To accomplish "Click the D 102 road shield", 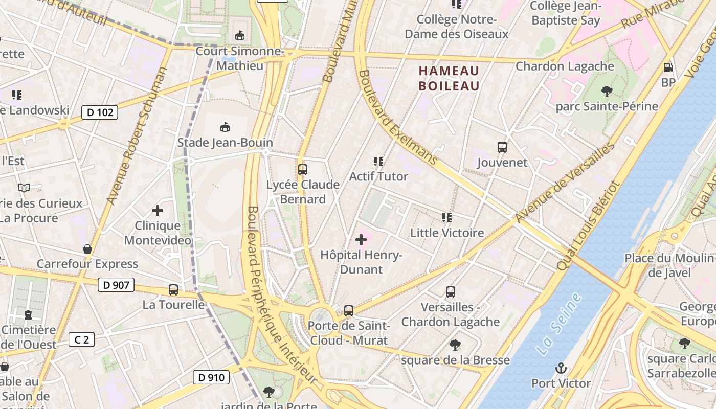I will [100, 112].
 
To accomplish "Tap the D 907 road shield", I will [116, 285].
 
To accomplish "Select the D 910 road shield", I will [211, 378].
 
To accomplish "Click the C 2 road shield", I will [82, 339].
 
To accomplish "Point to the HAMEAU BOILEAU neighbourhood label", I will [449, 78].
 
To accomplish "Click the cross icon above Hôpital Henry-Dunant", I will [361, 239].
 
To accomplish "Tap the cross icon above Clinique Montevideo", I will [158, 210].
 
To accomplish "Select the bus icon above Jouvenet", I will [502, 147].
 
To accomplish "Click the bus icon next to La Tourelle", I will [173, 290].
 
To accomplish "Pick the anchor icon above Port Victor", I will [561, 368].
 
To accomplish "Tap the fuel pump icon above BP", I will [668, 67].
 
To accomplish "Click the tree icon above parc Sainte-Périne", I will [607, 92].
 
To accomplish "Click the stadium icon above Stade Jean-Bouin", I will [225, 127].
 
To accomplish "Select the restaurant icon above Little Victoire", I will [447, 218].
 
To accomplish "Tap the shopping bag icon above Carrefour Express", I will [87, 249].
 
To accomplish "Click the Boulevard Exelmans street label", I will [398, 118].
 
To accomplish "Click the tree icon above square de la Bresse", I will [455, 345].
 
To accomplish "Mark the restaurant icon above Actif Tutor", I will [378, 162].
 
